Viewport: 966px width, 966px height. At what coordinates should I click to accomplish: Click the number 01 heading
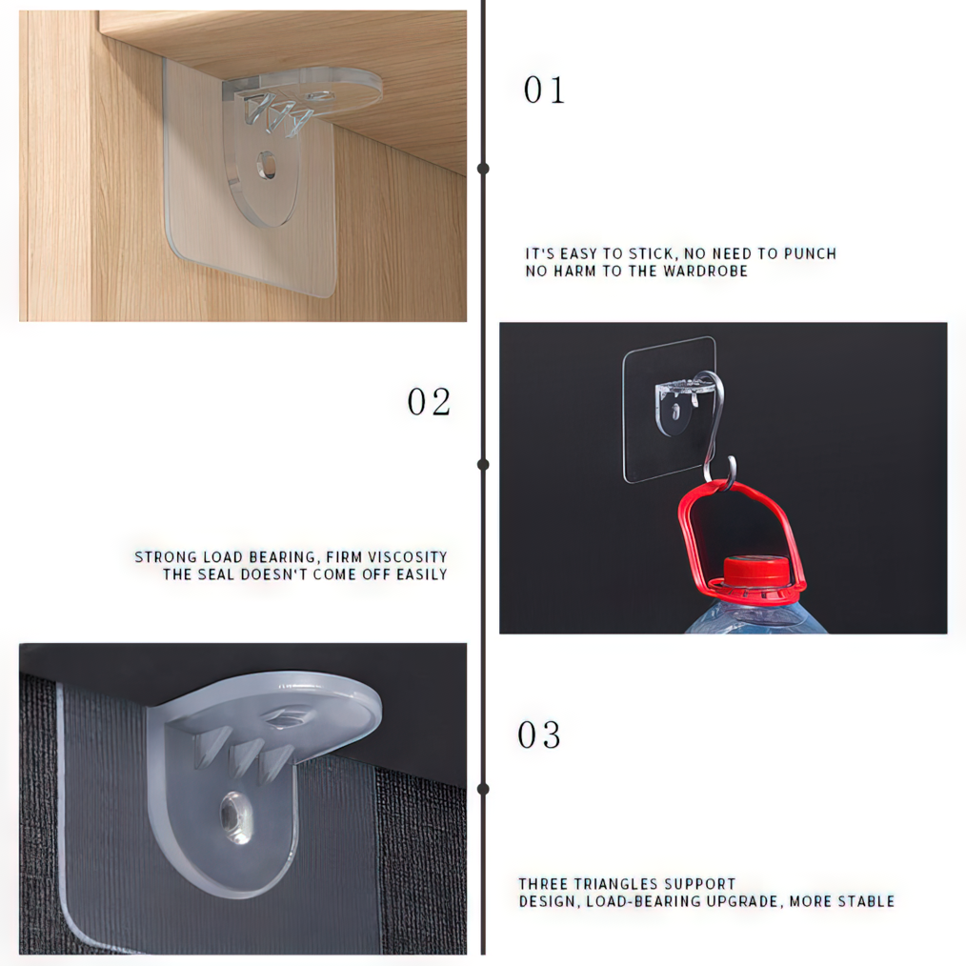pos(544,90)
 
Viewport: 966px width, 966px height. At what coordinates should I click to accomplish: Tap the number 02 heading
pos(429,402)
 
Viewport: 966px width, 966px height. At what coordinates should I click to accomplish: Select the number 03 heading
pos(539,735)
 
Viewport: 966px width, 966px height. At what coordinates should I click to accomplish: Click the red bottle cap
pos(755,571)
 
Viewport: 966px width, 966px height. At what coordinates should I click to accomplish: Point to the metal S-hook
pos(714,425)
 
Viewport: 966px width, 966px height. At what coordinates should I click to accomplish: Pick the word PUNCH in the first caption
pos(810,253)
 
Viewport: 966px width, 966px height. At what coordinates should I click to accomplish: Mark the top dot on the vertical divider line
pos(484,169)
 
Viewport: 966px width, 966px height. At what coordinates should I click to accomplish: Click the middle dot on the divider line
pos(484,464)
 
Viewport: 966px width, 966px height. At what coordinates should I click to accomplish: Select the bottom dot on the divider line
pos(484,789)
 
